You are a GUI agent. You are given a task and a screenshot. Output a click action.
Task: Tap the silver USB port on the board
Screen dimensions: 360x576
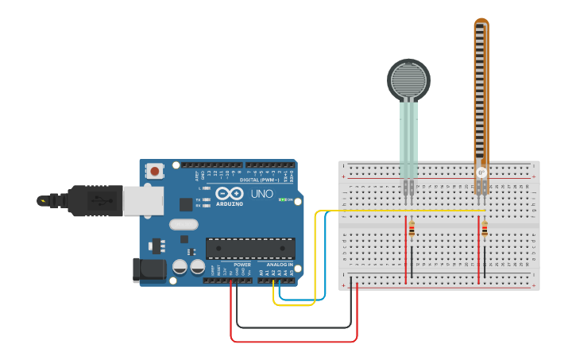pyautogui.click(x=143, y=200)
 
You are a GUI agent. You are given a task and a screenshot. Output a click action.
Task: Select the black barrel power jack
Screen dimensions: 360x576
pyautogui.click(x=149, y=269)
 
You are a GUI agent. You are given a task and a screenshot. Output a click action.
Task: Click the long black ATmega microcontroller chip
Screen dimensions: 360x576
pyautogui.click(x=250, y=248)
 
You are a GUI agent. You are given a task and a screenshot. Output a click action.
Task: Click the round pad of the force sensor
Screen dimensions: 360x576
pyautogui.click(x=408, y=79)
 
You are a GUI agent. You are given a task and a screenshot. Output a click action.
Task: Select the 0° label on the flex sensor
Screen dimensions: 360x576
pyautogui.click(x=481, y=172)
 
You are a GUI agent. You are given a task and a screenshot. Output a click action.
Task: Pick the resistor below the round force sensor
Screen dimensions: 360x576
pyautogui.click(x=412, y=229)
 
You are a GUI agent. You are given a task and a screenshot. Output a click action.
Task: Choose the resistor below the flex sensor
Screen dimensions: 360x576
pyautogui.click(x=485, y=229)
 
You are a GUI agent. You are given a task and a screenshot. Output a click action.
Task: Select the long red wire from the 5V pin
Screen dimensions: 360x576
pyautogui.click(x=294, y=342)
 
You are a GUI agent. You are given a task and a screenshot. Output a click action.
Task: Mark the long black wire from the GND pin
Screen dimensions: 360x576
pyautogui.click(x=294, y=327)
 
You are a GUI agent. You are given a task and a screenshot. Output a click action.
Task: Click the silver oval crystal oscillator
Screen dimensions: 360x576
pyautogui.click(x=184, y=225)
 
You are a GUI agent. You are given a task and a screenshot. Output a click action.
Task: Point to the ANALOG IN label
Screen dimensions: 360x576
pyautogui.click(x=279, y=265)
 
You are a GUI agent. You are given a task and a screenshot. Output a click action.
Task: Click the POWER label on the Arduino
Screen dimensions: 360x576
pyautogui.click(x=242, y=265)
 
